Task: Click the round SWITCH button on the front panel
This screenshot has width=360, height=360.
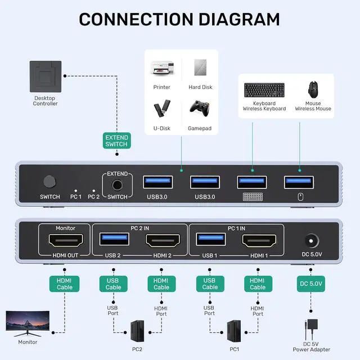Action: (49, 182)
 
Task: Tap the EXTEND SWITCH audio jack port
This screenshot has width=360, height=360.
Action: (117, 185)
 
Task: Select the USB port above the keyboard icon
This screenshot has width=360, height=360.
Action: (252, 182)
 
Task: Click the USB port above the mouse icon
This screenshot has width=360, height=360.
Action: (299, 182)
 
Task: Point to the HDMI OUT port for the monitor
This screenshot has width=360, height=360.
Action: (66, 240)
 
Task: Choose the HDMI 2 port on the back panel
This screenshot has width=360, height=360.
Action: (163, 240)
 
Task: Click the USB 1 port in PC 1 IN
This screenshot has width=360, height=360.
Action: (211, 239)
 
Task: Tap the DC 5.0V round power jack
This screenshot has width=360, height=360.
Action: (311, 241)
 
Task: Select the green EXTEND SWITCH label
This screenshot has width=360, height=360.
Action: (117, 141)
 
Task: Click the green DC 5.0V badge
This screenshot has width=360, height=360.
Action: (311, 283)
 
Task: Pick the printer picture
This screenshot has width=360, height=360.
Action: (162, 68)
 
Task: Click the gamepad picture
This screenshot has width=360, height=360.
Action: (200, 109)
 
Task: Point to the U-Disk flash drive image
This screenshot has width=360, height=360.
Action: (162, 108)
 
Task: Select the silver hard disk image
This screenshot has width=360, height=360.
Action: (200, 67)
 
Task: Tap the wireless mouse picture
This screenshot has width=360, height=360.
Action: (313, 89)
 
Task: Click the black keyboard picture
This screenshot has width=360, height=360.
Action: (264, 90)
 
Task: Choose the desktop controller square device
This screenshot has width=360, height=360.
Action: (46, 76)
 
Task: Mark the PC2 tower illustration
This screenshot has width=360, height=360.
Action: (137, 331)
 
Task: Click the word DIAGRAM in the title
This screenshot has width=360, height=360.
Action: (239, 20)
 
